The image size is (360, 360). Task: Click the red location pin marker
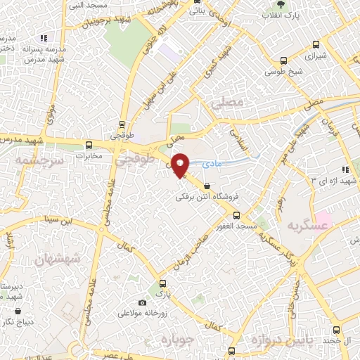(x=180, y=165)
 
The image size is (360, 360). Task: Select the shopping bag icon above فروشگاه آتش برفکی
(x=205, y=186)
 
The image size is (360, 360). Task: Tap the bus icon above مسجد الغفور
(x=236, y=215)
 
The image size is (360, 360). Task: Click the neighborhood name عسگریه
(x=307, y=227)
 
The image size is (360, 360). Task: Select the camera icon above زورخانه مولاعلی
(x=143, y=302)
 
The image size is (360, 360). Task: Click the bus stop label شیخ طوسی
(x=283, y=71)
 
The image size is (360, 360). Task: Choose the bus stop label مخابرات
(x=89, y=155)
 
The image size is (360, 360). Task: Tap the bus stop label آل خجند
(x=336, y=340)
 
